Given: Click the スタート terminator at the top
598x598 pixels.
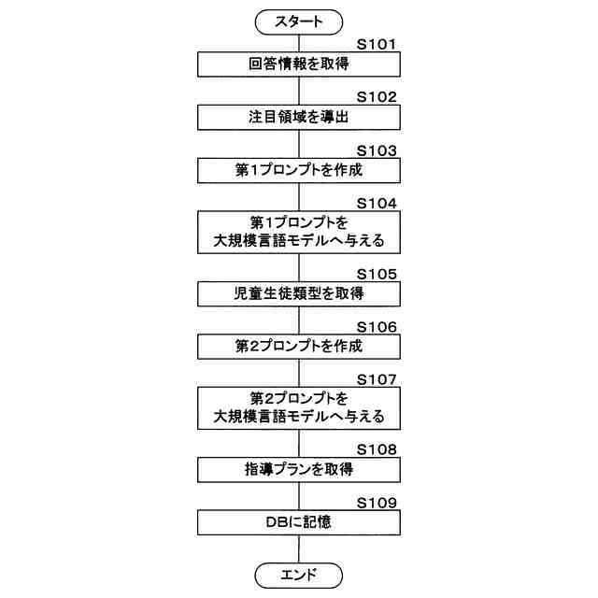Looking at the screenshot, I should coord(299,21).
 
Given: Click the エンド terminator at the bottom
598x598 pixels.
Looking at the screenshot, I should coord(299,575).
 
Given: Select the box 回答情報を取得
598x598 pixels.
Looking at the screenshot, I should coord(299,64).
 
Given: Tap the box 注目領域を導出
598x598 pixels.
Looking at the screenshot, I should coord(299,118).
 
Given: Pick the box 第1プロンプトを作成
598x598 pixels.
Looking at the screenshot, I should coord(299,171).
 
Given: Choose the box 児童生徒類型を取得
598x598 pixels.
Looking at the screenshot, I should coord(299,293).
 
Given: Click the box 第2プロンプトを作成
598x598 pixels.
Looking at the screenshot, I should coord(299,346).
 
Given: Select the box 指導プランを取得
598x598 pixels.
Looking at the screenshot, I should coord(299,469).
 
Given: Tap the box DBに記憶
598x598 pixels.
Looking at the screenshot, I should coord(299,521).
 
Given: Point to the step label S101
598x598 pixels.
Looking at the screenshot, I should coord(377,43).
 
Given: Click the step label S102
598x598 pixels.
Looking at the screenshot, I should coord(377,96).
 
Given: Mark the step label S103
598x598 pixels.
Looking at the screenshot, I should coord(377,149).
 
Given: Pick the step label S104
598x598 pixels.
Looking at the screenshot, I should coord(377,203).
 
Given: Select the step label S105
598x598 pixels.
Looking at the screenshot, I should coord(377,273).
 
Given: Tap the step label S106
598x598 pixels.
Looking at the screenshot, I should coord(377,325).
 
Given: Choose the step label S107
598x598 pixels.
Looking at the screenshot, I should coord(377,378).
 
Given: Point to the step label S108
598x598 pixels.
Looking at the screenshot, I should coord(377,448).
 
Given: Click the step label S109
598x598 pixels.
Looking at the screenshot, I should coord(377,502).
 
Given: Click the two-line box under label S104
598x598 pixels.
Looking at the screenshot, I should coord(299,232).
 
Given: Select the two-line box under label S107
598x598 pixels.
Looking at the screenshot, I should coord(299,407).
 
